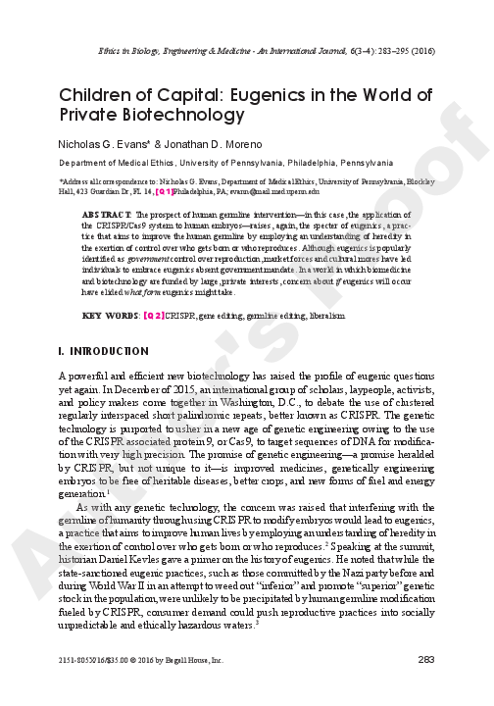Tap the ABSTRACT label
pos(102,214)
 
